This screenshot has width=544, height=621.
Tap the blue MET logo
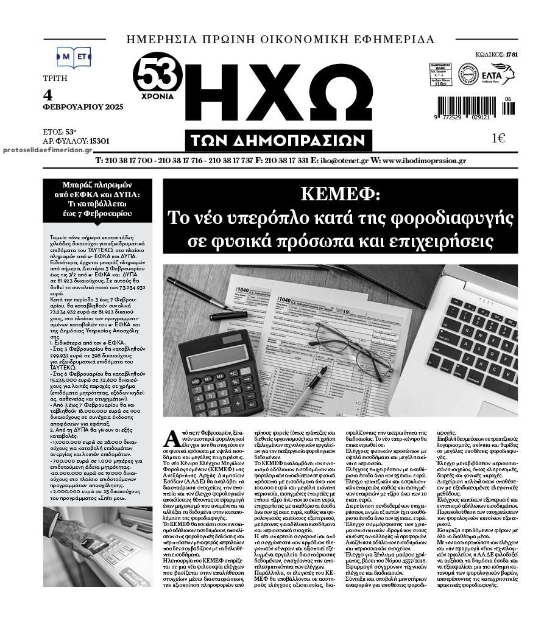(74, 57)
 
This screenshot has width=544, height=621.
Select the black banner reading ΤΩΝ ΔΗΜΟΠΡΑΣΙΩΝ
(279, 140)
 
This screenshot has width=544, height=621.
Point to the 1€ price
(498, 138)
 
